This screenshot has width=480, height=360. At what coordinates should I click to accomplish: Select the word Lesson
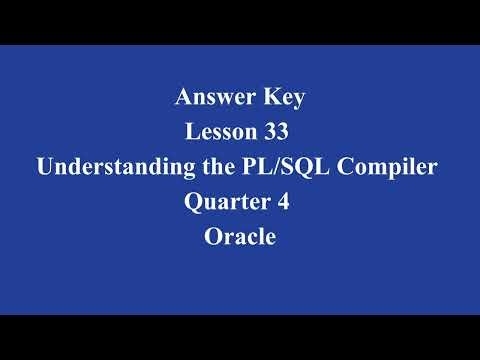tap(222, 132)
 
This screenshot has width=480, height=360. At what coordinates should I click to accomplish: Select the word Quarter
tap(223, 202)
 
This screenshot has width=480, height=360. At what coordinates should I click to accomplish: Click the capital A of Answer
tap(183, 97)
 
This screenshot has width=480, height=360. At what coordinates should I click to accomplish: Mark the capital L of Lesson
tap(193, 132)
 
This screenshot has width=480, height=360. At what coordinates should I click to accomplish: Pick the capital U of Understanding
tap(46, 167)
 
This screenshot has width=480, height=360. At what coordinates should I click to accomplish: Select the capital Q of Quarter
tap(192, 202)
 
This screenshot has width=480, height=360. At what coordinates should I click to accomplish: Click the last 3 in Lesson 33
tap(289, 132)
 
